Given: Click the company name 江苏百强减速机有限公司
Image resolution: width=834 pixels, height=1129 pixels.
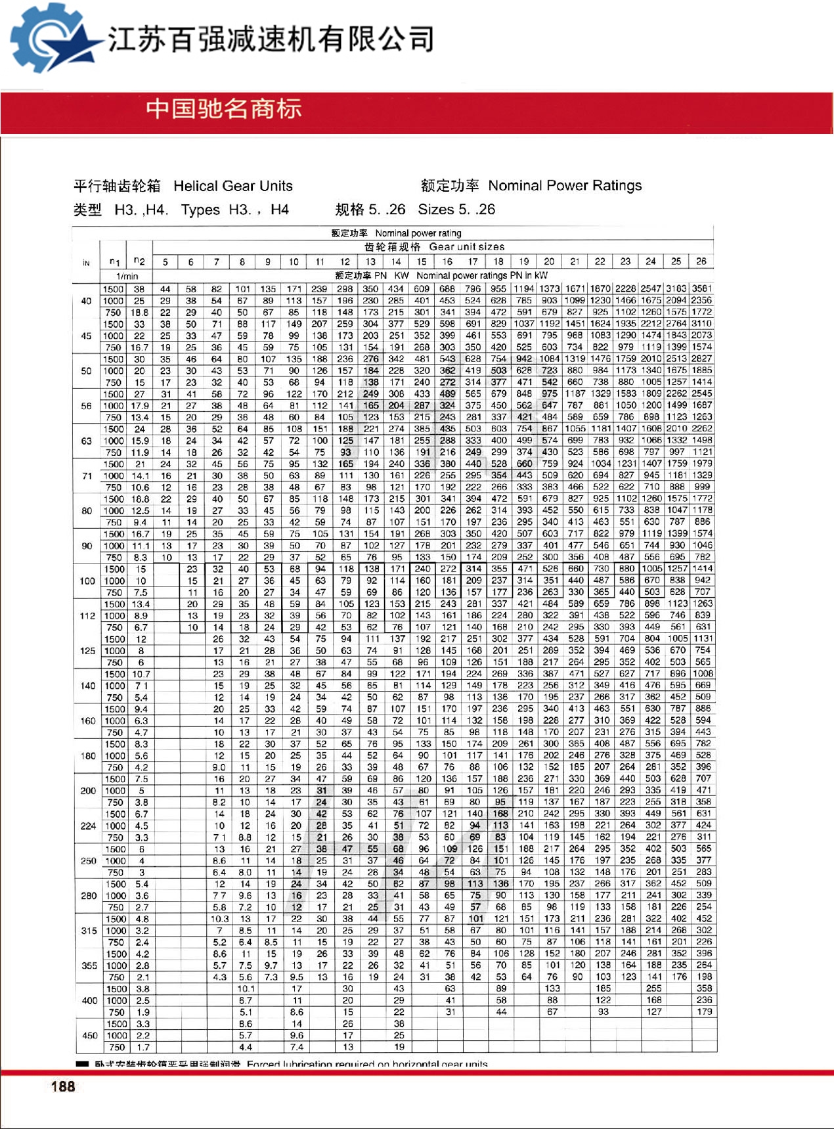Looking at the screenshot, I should (x=271, y=39).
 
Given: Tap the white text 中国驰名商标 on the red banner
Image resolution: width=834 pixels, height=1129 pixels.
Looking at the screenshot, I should (x=224, y=109).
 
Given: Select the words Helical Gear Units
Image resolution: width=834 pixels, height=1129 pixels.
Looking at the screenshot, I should (x=233, y=186).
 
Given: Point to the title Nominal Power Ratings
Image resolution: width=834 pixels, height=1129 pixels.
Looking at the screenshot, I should (x=565, y=185).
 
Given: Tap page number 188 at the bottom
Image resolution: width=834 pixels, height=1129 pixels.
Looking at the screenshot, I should (x=63, y=1086).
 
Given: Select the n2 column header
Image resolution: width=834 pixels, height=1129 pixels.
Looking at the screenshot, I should (x=139, y=261).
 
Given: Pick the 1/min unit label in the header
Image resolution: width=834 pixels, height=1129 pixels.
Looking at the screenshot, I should (x=127, y=277).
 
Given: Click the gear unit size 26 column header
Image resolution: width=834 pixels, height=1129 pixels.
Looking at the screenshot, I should (x=701, y=261).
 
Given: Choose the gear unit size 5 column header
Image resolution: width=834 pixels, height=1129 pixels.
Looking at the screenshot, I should (x=165, y=262).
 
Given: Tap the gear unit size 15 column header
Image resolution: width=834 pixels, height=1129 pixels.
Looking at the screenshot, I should (x=422, y=262).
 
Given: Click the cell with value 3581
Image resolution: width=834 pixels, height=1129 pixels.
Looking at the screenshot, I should (x=701, y=288).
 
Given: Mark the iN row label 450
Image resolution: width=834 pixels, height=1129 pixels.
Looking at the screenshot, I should (x=89, y=1036).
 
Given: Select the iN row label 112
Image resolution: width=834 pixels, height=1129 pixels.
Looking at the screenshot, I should (x=87, y=616).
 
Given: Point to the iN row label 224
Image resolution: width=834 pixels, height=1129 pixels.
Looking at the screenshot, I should (x=88, y=826).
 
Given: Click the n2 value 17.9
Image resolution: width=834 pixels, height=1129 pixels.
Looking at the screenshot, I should (x=139, y=406).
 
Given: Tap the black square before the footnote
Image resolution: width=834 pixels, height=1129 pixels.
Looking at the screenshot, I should (x=82, y=1064).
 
